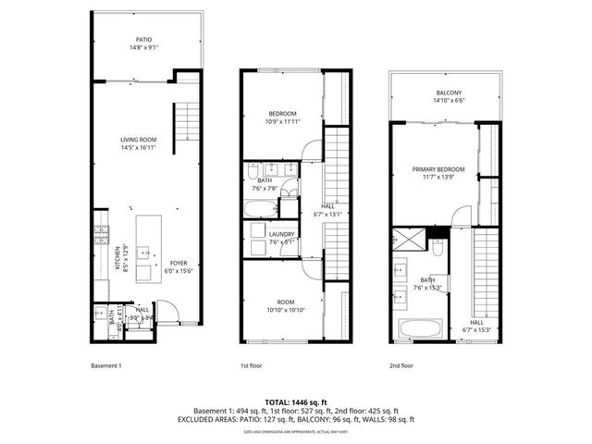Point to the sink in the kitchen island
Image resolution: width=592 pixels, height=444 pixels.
click(x=146, y=251)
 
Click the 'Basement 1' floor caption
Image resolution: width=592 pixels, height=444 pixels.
click(x=106, y=365)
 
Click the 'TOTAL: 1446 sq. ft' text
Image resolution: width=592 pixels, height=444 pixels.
click(x=296, y=401)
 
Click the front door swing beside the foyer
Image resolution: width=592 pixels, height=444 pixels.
click(x=165, y=310)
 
